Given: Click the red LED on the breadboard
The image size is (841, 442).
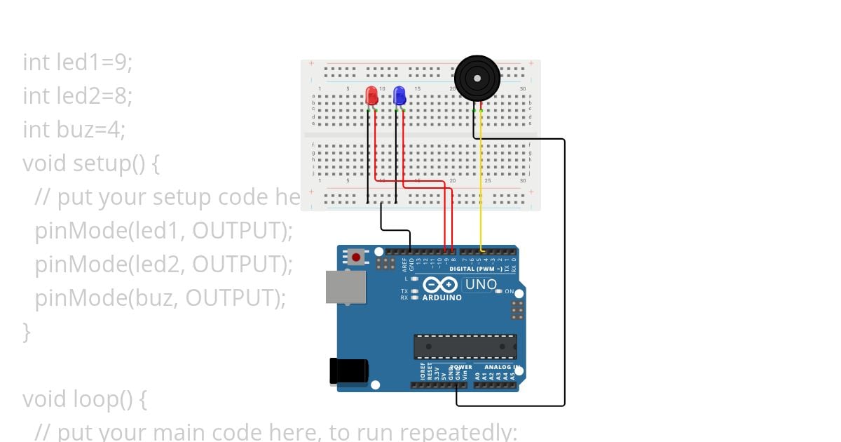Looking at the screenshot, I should point(371,95).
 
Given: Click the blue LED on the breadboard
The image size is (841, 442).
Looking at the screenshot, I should point(399,95).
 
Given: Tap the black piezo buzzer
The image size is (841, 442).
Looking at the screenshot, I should point(477,78).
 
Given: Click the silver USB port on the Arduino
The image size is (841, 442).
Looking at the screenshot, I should point(346,287).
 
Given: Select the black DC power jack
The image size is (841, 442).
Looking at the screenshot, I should point(348,371).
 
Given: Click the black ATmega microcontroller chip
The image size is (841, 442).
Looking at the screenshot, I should point(465,347).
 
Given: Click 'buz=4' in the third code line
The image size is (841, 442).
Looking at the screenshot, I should point(92,130).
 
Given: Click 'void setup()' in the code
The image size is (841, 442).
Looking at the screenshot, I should point(91,163).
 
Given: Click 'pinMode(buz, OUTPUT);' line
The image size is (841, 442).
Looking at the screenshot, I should point(160,298).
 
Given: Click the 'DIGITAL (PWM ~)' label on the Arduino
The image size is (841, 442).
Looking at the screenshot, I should point(475,269).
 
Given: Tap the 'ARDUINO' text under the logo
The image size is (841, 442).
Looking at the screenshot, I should point(442,297).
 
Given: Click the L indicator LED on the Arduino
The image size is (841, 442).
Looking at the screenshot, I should point(416,279).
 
